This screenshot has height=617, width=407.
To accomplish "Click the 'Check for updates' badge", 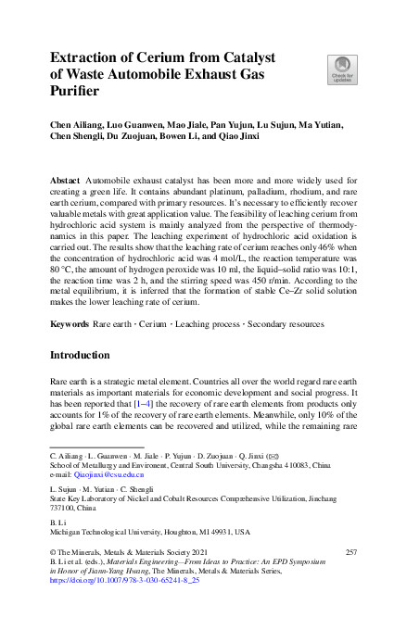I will (x=343, y=69).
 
